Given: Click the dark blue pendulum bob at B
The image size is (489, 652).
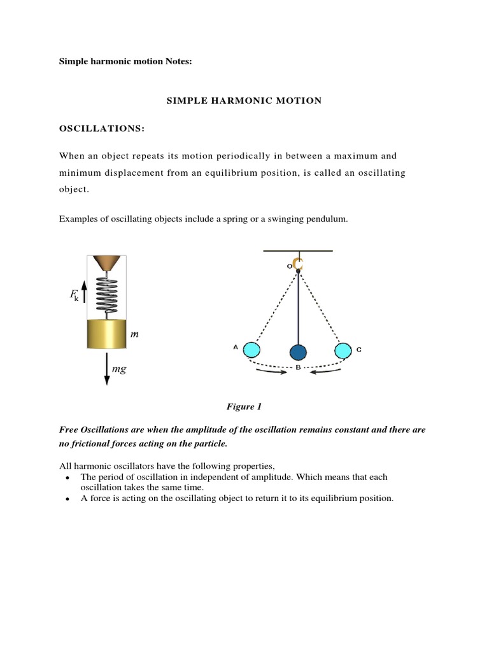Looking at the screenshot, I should click(298, 352).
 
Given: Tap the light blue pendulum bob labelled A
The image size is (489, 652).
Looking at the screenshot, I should click(252, 350).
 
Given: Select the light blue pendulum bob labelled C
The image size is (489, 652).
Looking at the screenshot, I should click(343, 350).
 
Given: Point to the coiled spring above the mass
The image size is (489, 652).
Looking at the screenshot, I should click(107, 294).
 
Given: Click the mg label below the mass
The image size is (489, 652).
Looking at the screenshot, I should click(119, 369).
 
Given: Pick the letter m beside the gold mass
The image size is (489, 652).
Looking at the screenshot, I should click(134, 334).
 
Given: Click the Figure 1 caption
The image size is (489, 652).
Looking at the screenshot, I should click(244, 406).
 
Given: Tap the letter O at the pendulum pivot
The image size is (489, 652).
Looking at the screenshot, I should click(290, 267).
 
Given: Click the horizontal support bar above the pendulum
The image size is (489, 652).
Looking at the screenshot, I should click(298, 251).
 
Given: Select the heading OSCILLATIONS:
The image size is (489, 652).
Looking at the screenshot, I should click(102, 129).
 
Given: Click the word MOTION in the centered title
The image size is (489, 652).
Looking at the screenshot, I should click(298, 101).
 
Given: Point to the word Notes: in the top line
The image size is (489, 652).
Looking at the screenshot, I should click(176, 62).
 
